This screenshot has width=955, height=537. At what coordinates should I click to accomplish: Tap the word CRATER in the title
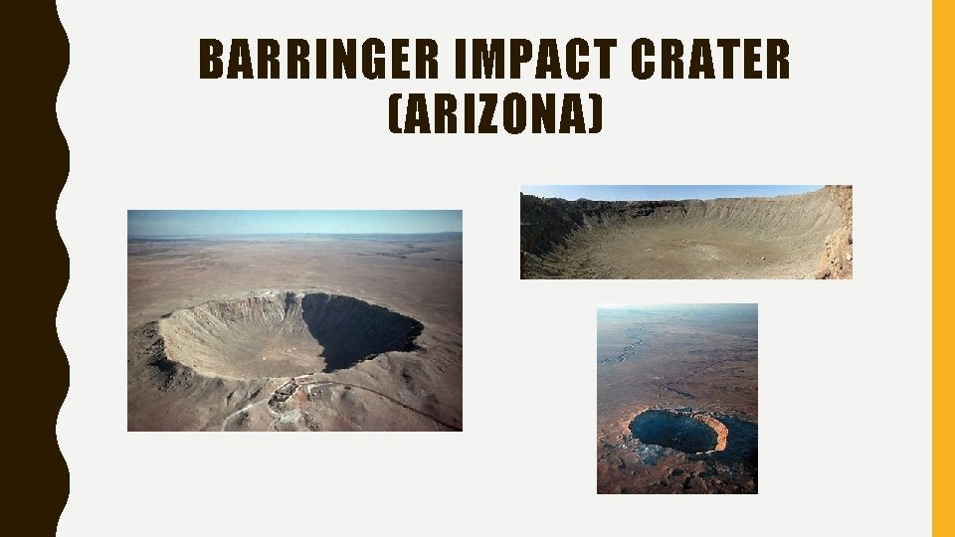click(x=709, y=61)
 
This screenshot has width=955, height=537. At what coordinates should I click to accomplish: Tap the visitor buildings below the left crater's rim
click(x=286, y=391)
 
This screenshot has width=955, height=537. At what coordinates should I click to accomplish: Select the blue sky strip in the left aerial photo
click(x=294, y=221)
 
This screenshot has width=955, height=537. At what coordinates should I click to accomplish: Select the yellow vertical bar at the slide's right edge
click(x=942, y=268)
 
